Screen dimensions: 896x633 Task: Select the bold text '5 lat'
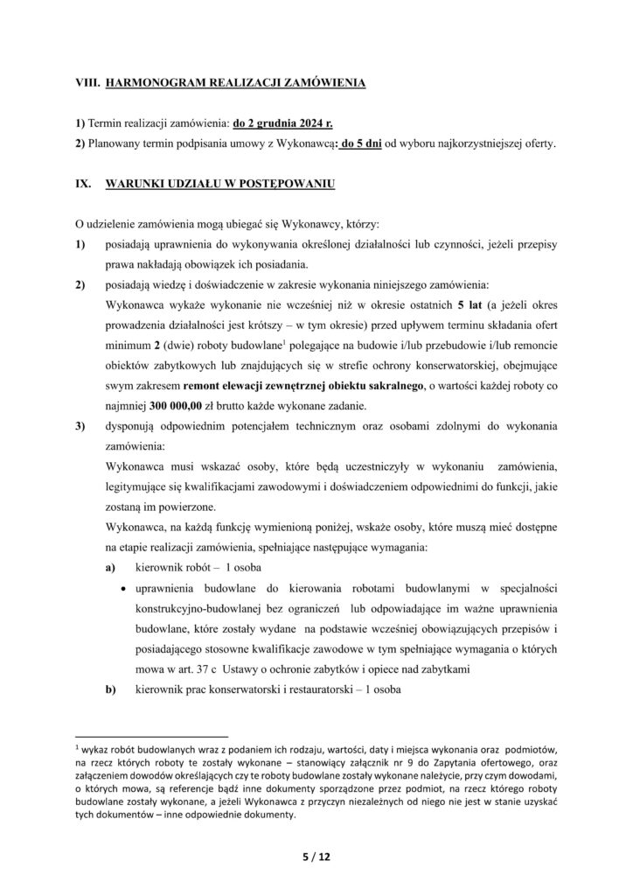coord(473,306)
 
